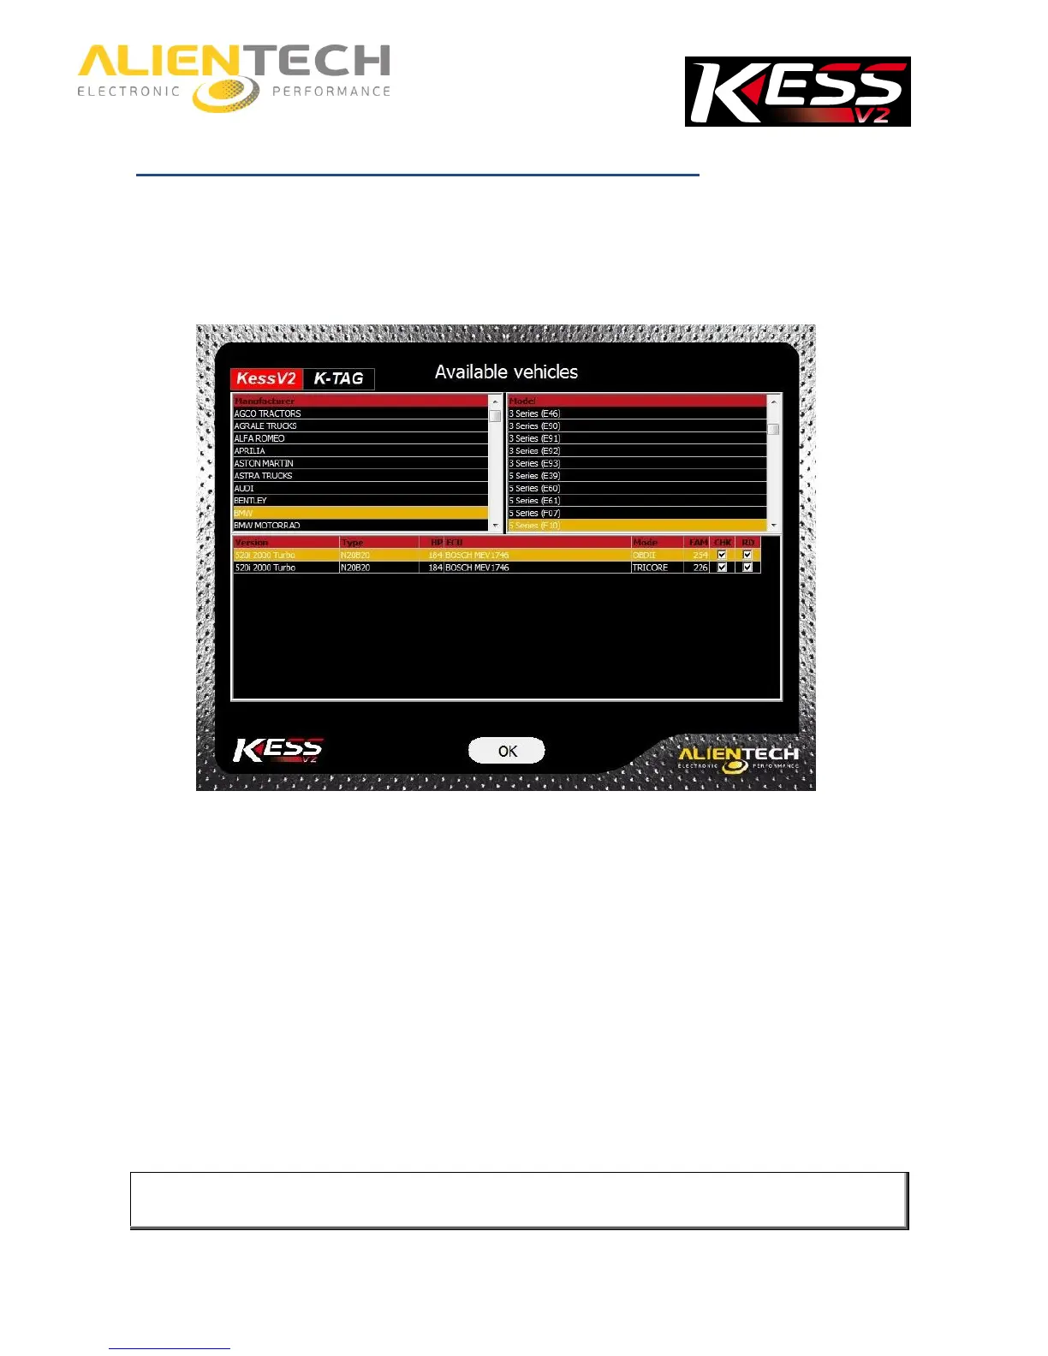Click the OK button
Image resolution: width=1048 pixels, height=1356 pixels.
[507, 751]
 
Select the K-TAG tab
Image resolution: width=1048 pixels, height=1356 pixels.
[338, 378]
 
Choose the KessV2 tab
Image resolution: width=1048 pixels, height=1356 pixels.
[266, 378]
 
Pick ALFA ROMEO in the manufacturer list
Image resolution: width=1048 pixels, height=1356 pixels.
[259, 438]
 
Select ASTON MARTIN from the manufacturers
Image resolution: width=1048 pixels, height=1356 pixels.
[264, 463]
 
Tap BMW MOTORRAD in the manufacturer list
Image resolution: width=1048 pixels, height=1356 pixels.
[267, 526]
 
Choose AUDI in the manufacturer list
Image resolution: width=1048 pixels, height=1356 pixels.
[244, 488]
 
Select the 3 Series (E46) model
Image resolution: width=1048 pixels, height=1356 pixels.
[534, 413]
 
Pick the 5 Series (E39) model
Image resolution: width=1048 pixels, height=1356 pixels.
[534, 476]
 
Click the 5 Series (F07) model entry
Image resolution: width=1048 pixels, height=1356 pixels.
[534, 513]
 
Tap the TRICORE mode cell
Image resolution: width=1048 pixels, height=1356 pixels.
[650, 568]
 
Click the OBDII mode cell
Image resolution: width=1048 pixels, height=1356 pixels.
[644, 555]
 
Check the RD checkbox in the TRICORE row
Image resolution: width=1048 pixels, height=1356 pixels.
[747, 568]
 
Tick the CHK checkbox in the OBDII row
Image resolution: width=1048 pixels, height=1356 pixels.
[722, 555]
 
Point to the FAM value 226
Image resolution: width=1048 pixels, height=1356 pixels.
[700, 568]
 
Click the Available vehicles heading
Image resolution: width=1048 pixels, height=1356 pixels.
[506, 372]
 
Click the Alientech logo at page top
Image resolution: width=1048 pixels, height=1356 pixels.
[234, 78]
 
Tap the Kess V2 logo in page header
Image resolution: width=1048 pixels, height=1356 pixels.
[797, 92]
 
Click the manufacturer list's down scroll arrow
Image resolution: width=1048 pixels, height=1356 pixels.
[495, 526]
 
